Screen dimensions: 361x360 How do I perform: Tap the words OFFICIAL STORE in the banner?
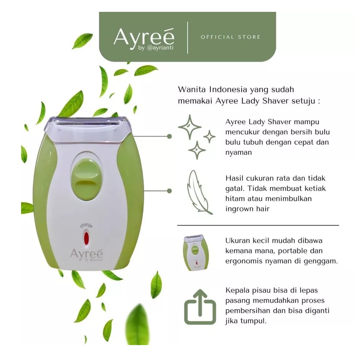(x=231, y=37)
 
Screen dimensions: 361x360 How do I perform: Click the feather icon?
(x=199, y=192)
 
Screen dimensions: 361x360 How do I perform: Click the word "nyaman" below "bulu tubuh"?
(x=239, y=153)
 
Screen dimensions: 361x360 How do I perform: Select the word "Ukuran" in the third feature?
(x=238, y=240)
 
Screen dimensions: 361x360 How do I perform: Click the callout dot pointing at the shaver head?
(x=169, y=136)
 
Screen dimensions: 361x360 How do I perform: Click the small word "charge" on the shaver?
(x=86, y=225)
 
